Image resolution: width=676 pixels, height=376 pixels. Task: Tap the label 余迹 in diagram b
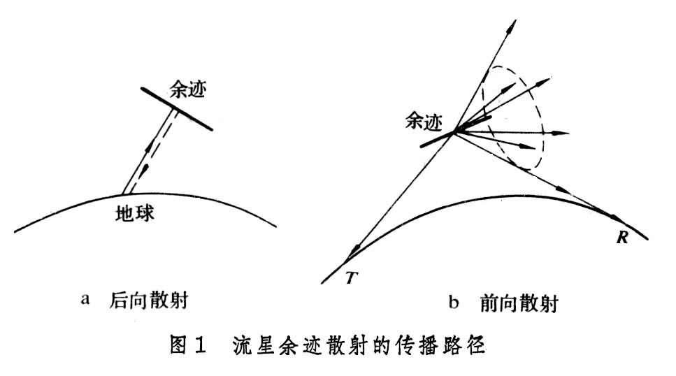click(x=424, y=122)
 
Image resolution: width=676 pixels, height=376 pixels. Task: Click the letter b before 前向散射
click(x=454, y=302)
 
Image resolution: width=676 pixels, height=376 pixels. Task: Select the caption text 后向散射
click(x=150, y=301)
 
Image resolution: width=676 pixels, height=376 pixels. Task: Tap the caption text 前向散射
click(x=519, y=303)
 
